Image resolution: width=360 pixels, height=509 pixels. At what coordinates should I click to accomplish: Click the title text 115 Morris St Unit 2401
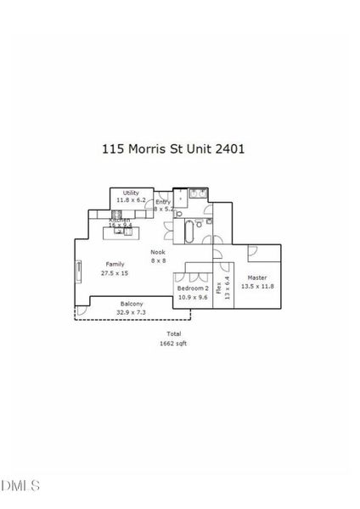click(x=173, y=148)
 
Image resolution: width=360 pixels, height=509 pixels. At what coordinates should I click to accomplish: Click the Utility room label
click(x=131, y=193)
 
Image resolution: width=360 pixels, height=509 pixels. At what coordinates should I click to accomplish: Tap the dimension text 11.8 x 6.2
click(x=131, y=200)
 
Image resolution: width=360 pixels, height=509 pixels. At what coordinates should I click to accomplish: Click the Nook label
click(x=158, y=253)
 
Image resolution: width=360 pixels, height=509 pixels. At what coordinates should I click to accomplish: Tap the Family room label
click(x=114, y=265)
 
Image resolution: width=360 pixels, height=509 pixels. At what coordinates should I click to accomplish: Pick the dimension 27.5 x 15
click(x=114, y=273)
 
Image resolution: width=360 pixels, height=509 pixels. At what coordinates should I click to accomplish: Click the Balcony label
click(x=131, y=304)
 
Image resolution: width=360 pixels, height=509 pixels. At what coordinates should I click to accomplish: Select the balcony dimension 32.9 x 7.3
click(x=131, y=312)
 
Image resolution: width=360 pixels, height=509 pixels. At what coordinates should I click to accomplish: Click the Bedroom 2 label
click(x=192, y=289)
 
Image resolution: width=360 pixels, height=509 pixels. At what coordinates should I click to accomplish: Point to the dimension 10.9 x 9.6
click(x=192, y=298)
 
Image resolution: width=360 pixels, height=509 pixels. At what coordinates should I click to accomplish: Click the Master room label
click(x=256, y=278)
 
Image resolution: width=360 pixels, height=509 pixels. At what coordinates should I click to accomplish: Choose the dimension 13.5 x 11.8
click(x=256, y=287)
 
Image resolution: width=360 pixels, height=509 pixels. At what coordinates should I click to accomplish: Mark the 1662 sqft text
click(x=173, y=344)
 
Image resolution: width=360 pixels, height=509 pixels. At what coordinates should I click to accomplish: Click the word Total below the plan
click(x=173, y=334)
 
